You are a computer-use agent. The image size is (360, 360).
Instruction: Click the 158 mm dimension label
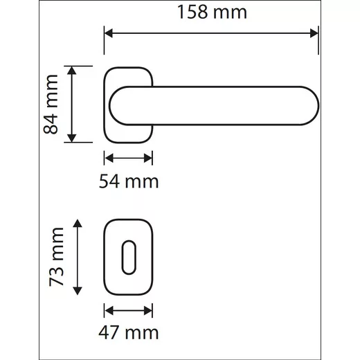tap(212, 12)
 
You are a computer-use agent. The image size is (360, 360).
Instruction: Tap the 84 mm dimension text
tap(51, 104)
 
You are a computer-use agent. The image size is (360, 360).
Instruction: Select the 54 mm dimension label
tap(129, 181)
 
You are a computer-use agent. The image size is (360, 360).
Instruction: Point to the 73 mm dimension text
tap(56, 257)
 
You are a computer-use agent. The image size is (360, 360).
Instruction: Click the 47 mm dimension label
tap(129, 332)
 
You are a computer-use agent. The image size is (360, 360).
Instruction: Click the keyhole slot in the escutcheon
tap(129, 258)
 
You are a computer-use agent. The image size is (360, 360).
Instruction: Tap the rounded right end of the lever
tap(310, 106)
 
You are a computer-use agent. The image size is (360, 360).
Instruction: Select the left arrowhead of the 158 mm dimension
tap(109, 33)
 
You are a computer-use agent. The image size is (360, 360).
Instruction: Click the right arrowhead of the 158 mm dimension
tap(314, 33)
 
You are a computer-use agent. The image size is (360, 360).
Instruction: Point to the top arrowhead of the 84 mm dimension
tap(72, 71)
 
